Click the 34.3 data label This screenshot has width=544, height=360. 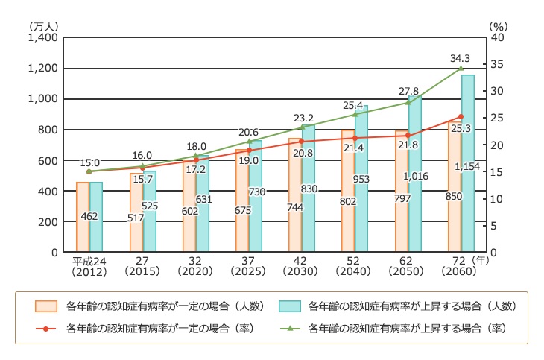pos(461,57)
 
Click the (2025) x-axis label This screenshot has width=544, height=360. pos(249,272)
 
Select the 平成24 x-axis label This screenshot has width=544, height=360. pos(88,262)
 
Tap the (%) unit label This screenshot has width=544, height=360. pos(498,25)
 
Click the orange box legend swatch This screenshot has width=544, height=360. pos(46,306)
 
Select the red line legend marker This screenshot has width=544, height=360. pos(46,329)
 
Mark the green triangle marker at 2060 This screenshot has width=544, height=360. pos(461,69)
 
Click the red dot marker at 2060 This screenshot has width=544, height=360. pos(461,117)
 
